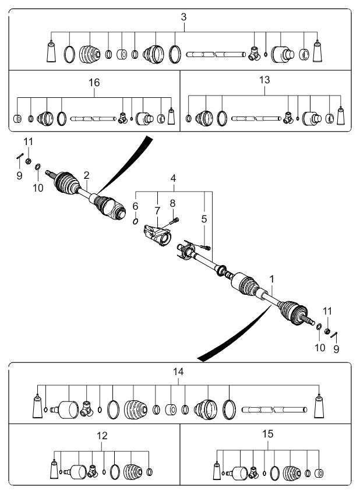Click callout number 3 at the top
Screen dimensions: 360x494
[x=183, y=17]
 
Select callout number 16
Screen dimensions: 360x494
[x=94, y=83]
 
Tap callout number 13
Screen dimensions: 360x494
[x=264, y=80]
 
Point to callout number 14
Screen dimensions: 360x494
[x=178, y=372]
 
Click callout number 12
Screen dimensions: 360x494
[x=102, y=436]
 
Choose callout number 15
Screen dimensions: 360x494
[x=268, y=434]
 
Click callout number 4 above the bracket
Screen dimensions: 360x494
[x=173, y=178]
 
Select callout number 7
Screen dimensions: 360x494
[x=157, y=211]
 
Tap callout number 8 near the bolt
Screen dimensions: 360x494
[x=172, y=203]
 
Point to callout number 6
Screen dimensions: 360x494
[x=135, y=206]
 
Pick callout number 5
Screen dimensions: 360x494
[x=204, y=218]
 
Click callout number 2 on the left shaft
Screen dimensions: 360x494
[x=87, y=175]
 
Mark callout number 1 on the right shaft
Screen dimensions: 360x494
[x=272, y=279]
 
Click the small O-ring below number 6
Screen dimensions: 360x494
[x=135, y=221]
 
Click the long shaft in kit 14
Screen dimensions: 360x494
[x=274, y=410]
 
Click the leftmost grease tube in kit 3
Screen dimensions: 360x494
[x=51, y=51]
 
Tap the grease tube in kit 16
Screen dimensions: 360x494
[x=171, y=116]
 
